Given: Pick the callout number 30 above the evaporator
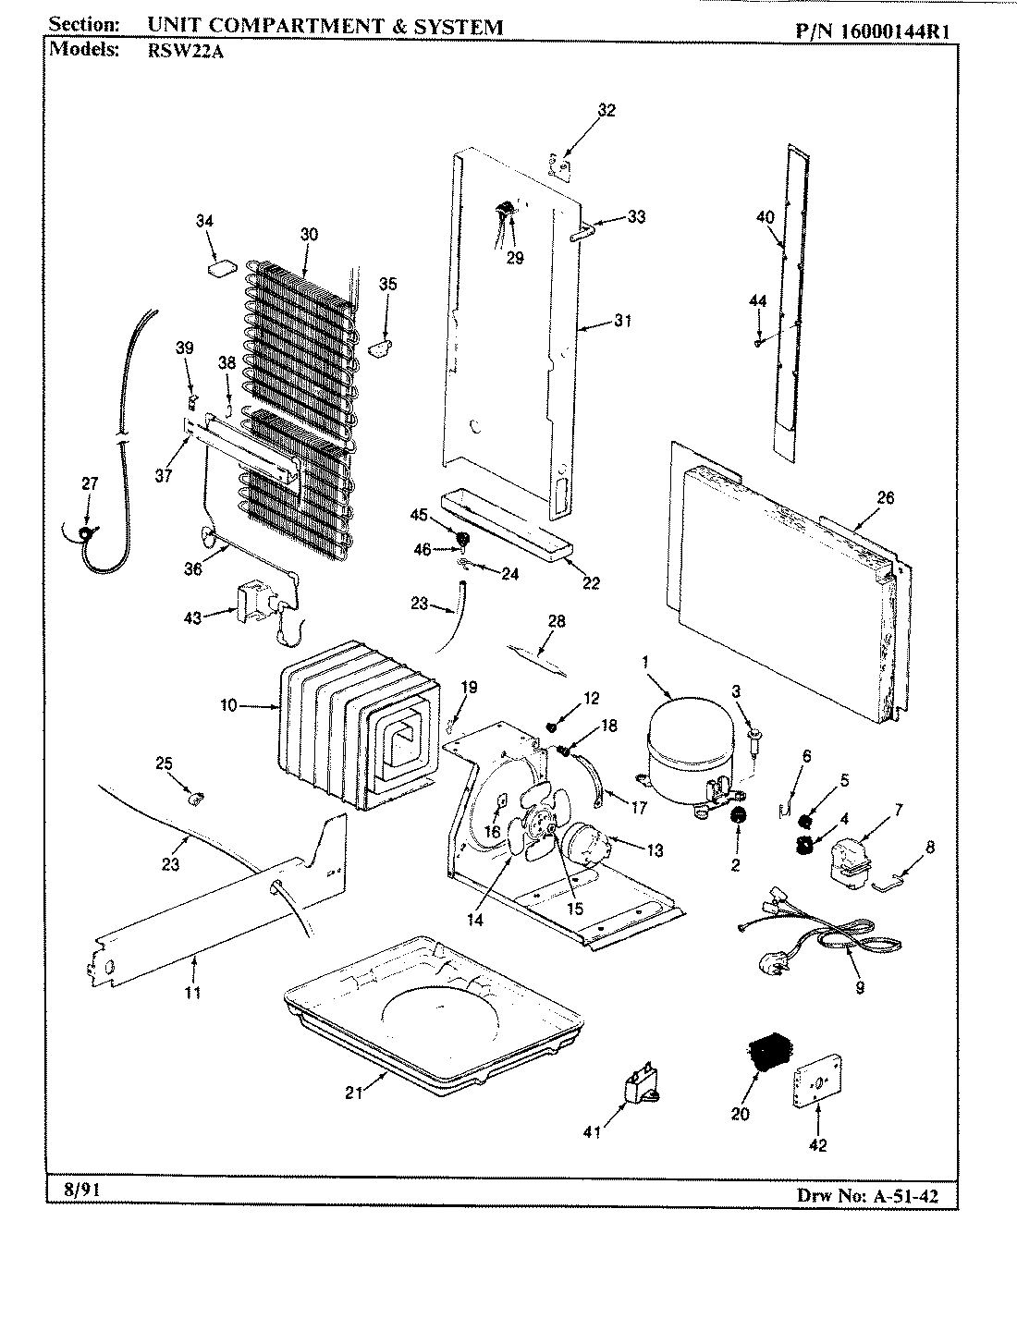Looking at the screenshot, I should tap(308, 235).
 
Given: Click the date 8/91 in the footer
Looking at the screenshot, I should tap(68, 1191).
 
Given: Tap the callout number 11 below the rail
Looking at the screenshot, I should tap(193, 993).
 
